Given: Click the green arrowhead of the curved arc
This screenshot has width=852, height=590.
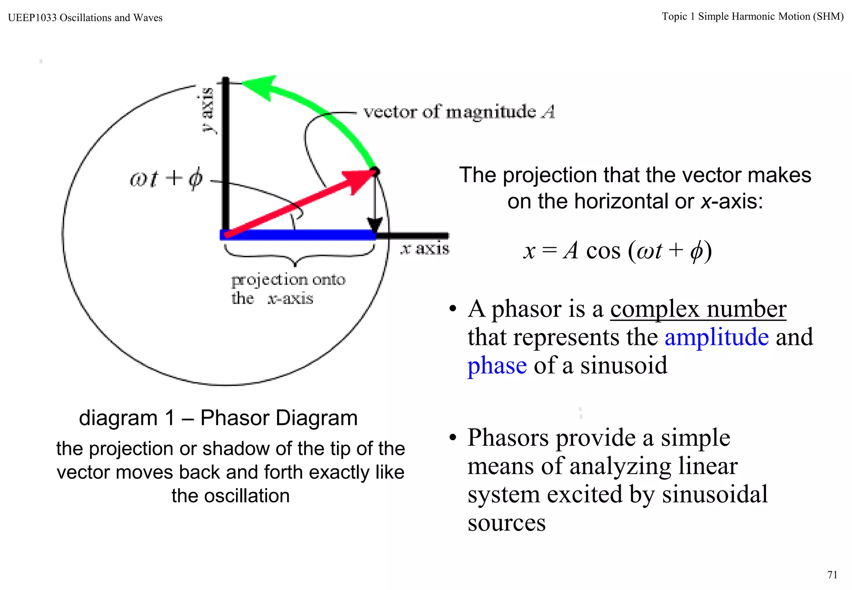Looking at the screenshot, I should click(x=260, y=87).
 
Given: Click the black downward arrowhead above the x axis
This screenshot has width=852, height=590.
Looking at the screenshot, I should click(x=375, y=225).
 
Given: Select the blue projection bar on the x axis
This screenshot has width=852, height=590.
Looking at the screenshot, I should click(x=298, y=235).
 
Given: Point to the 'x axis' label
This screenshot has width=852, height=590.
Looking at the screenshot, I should click(x=425, y=249).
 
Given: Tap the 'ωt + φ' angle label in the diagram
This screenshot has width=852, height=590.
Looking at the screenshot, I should click(x=166, y=179).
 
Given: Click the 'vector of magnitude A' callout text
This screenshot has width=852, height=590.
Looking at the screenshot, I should click(x=459, y=112).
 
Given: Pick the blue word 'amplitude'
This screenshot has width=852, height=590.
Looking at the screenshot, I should click(x=716, y=337).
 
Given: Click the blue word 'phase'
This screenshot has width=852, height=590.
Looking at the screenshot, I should click(x=497, y=365).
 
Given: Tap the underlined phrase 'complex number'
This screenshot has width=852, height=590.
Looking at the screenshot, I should click(x=698, y=309).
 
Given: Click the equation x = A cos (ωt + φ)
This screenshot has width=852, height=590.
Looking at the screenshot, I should click(x=617, y=251).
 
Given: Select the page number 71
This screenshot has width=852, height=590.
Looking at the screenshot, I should click(x=832, y=575).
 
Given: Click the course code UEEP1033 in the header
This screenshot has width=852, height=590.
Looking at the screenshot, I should click(x=32, y=18).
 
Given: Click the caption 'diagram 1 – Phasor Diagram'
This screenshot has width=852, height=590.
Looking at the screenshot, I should click(x=218, y=418).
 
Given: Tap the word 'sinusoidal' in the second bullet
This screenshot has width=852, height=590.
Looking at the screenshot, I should click(x=714, y=494).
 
